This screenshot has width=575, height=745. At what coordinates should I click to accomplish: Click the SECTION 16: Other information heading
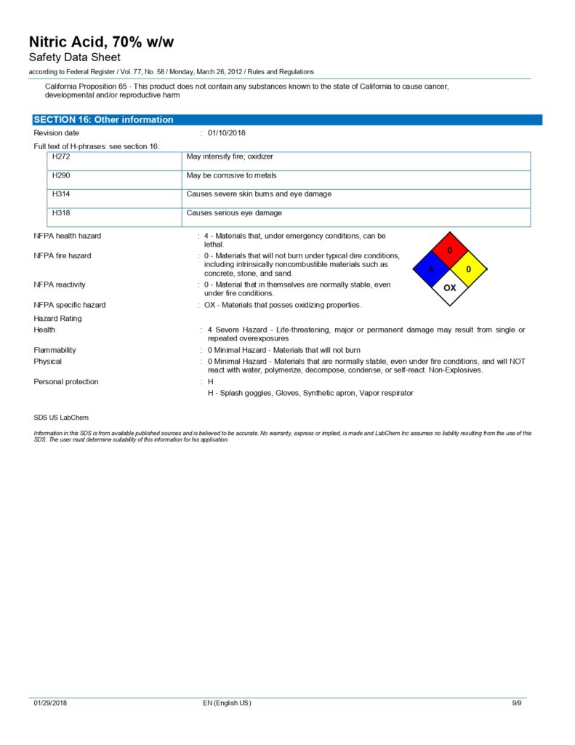point(103,120)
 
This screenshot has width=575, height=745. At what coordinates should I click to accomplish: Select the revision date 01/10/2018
point(227,133)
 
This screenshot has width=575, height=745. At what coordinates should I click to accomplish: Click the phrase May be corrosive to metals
point(231,175)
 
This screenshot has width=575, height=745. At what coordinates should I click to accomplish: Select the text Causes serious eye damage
point(234,213)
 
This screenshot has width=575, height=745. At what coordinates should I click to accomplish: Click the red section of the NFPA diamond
point(449,251)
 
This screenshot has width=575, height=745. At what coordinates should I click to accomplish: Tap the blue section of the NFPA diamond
point(431,269)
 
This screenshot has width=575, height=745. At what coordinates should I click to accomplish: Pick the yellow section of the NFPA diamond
point(468,269)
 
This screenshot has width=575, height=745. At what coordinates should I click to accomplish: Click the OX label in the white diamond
point(450,288)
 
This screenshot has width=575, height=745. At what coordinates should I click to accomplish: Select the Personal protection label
point(65,382)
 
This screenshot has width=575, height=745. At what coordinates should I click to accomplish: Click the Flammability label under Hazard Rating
point(55,350)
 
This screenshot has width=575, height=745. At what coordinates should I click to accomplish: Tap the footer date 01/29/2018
point(50,704)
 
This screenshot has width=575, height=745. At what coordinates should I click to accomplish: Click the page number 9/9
point(518,704)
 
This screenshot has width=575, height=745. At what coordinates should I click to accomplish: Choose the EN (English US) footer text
point(227,704)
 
